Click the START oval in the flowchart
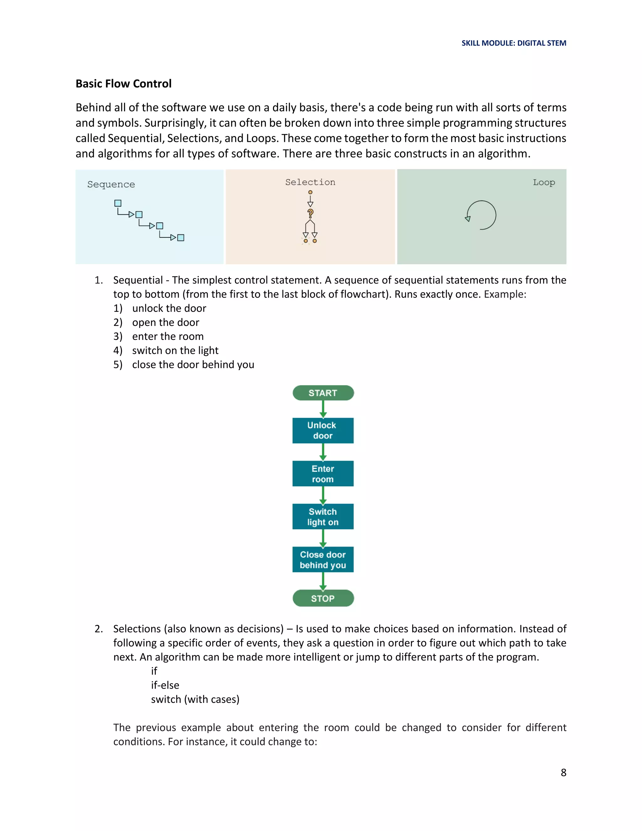323,393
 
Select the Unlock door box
323,430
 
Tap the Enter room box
323,474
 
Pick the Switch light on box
323,517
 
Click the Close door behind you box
323,560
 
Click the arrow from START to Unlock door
323,409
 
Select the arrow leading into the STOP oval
323,581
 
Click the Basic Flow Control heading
124,84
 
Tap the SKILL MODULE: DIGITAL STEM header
513,43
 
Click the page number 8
563,772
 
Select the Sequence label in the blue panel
111,184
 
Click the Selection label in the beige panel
310,182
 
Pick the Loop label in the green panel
544,182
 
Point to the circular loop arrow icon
481,215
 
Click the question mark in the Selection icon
310,213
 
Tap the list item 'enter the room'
168,336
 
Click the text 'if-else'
165,685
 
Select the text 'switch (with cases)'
195,699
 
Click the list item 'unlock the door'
169,308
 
